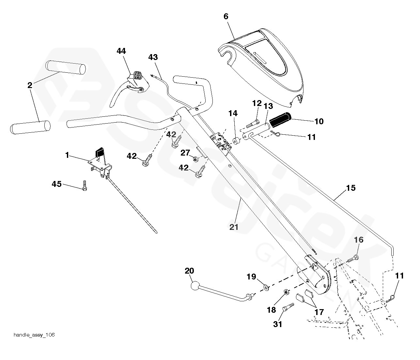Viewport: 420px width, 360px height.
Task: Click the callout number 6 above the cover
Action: coord(226,16)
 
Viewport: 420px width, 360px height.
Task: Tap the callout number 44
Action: coord(121,51)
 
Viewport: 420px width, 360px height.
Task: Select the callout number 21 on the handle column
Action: coord(234,227)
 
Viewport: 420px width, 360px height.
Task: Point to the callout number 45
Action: coord(57,184)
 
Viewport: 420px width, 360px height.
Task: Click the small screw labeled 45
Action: coord(85,186)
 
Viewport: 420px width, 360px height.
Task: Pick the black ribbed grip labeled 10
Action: coord(280,120)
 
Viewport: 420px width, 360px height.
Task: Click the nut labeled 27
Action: coord(195,159)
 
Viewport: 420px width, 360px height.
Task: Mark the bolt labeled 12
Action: coord(253,123)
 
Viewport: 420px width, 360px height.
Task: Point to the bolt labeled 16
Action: coord(353,258)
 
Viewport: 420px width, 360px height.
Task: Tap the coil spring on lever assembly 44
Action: coord(138,75)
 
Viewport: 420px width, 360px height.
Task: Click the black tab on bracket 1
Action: coord(99,152)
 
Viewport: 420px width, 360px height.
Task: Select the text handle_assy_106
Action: coord(34,335)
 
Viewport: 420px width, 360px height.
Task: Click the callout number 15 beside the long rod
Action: coord(351,188)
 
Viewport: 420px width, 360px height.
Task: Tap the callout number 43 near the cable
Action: coord(153,57)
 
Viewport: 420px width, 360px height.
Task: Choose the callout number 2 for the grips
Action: coord(30,85)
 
